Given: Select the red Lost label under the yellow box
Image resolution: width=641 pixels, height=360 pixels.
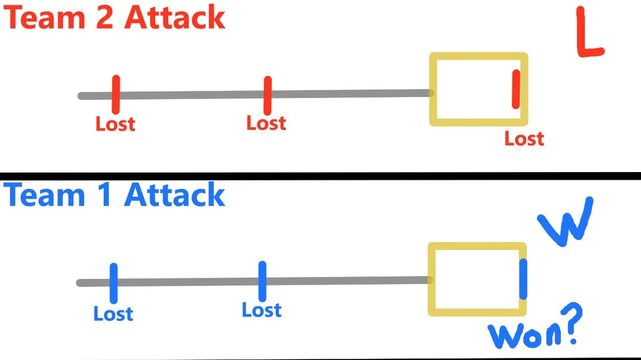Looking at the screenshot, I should pyautogui.click(x=524, y=139).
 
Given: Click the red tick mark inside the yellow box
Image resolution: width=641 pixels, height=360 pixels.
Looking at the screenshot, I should pyautogui.click(x=516, y=89).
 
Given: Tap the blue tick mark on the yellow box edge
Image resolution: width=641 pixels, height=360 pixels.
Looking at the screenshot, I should pyautogui.click(x=523, y=279).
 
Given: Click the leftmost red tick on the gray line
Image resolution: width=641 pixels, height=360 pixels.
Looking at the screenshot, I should pyautogui.click(x=116, y=94).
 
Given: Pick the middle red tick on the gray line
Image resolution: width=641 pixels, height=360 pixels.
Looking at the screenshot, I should pyautogui.click(x=268, y=95).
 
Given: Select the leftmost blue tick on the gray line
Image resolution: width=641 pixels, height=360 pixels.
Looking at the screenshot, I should pyautogui.click(x=113, y=283).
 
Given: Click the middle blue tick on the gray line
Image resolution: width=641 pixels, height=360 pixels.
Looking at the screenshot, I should pyautogui.click(x=262, y=281).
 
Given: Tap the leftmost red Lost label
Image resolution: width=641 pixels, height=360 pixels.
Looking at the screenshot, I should pyautogui.click(x=115, y=124).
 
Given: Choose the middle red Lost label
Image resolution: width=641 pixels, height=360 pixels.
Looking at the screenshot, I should pyautogui.click(x=266, y=123).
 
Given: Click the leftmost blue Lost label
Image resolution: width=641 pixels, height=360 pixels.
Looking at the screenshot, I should pyautogui.click(x=113, y=313).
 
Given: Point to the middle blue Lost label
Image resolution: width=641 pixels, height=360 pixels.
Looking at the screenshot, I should pyautogui.click(x=262, y=310).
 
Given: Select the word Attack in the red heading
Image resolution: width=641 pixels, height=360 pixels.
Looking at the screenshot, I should pyautogui.click(x=175, y=18).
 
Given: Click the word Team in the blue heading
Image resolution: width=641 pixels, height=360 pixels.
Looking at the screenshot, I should pyautogui.click(x=43, y=195).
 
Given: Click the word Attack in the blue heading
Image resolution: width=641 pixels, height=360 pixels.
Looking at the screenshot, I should pyautogui.click(x=175, y=195).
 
